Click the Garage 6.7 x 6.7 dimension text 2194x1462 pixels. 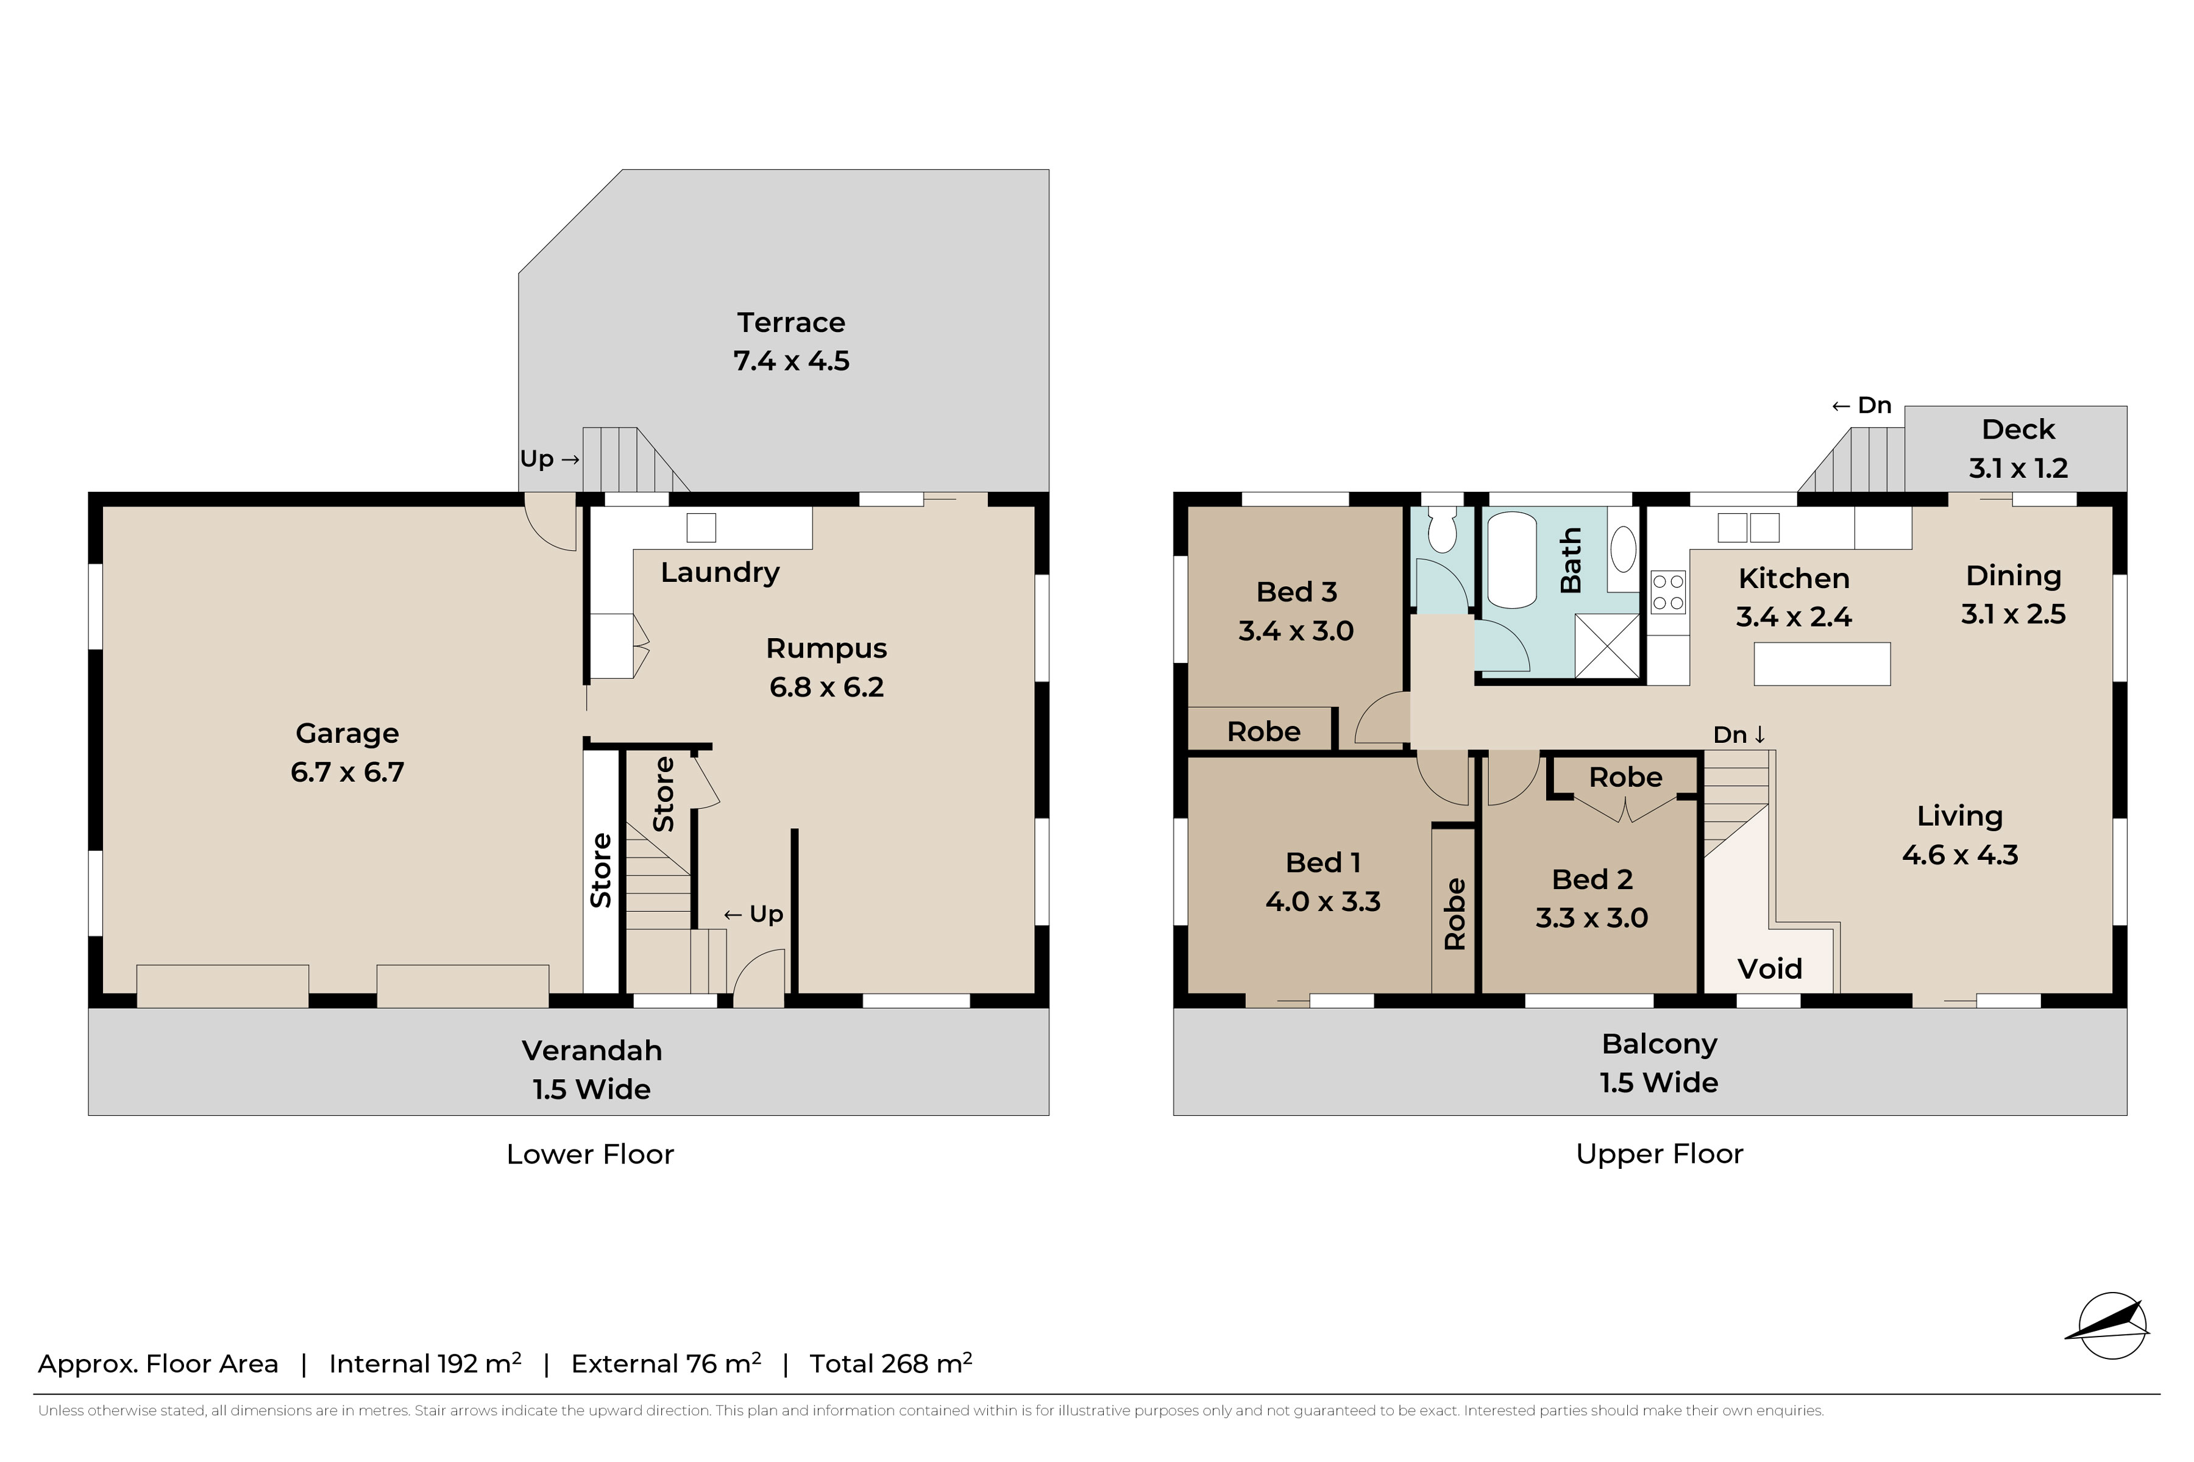(x=347, y=772)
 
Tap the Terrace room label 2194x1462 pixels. (x=790, y=322)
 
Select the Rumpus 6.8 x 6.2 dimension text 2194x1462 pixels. (x=826, y=687)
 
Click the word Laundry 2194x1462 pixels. (x=720, y=572)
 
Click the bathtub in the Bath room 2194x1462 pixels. (x=1511, y=559)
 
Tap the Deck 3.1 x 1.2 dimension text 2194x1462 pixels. (x=2018, y=468)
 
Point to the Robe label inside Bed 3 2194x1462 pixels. (x=1263, y=732)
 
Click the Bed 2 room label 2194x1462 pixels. (x=1592, y=879)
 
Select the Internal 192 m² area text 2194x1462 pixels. (x=424, y=1363)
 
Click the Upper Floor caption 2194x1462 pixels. (x=1659, y=1154)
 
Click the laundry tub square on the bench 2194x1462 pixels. (x=701, y=528)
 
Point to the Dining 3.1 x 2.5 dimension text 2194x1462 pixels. (x=2013, y=614)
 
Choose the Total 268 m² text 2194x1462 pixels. (x=890, y=1363)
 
